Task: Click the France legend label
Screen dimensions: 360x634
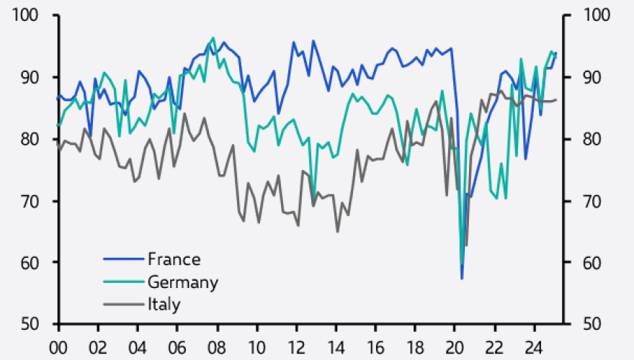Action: pos(174,259)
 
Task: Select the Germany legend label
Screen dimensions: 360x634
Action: pos(183,282)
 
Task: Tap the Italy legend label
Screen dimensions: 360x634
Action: pos(164,304)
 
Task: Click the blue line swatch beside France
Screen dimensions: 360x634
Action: pos(123,259)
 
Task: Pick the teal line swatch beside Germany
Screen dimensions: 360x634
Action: pos(123,282)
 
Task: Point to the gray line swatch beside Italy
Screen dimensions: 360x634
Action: pos(123,304)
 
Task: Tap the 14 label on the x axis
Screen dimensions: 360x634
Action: pos(335,346)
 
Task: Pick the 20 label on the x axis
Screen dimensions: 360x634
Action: pos(454,346)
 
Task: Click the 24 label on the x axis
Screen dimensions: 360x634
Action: pos(533,346)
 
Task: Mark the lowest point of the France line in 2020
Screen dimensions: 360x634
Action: pos(462,278)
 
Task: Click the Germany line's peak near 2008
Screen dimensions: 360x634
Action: pos(213,37)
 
